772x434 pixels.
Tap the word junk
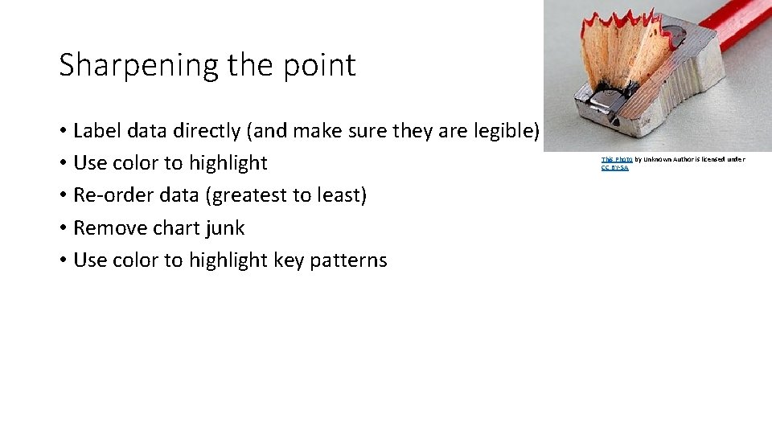[225, 228]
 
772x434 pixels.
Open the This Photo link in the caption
[616, 159]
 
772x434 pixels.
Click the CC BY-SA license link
[614, 167]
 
